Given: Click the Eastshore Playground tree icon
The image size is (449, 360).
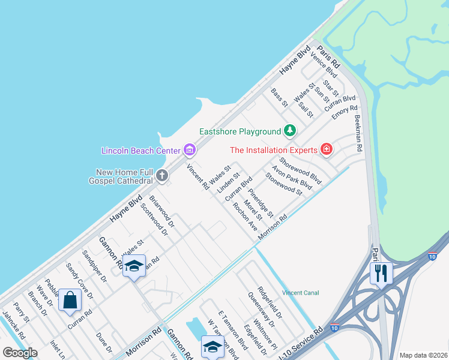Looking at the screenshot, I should [x=290, y=131].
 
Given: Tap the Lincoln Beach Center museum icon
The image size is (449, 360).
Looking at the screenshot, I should [x=190, y=149].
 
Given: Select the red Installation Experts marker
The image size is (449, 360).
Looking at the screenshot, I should [x=327, y=149].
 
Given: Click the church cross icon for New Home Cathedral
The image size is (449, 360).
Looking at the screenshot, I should [x=161, y=176].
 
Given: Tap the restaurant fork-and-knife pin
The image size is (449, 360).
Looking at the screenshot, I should [x=381, y=273].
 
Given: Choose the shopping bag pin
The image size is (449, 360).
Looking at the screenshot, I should [x=70, y=300].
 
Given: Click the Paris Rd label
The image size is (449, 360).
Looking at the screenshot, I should [x=329, y=57].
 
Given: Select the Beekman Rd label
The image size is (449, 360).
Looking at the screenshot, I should [x=359, y=133].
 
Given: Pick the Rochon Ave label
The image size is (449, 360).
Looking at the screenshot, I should [x=246, y=217].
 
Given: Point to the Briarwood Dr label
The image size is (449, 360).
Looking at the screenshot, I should [x=161, y=212].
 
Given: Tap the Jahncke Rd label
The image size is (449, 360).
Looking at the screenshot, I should [x=16, y=325].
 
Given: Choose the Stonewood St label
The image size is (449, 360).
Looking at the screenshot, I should [x=284, y=184].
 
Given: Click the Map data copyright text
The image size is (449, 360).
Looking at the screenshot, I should [x=423, y=355].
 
